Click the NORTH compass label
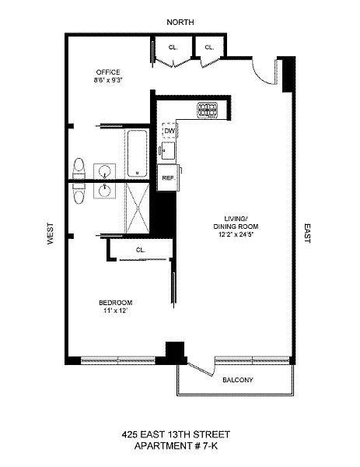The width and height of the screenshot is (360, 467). pos(180,23)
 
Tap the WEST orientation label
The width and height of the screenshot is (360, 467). pos(51,233)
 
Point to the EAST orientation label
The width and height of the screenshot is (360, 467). pos(307,233)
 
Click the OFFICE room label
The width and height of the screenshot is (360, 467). pos(108,72)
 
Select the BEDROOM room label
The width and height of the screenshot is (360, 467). pos(115,303)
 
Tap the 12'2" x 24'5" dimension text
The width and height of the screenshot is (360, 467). pos(236,234)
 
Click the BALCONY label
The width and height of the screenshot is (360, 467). pos(238,380)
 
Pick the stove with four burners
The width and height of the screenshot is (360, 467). pos(208,109)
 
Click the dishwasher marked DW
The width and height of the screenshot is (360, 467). pos(170,131)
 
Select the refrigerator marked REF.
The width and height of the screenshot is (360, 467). pos(169,177)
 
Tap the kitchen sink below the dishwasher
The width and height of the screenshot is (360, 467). pos(169,151)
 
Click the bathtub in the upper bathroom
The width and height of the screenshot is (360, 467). pos(138,154)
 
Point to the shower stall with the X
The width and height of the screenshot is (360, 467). pos(138,208)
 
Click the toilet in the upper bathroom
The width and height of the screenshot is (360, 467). pos(79,168)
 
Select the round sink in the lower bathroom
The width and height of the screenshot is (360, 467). pos(105,191)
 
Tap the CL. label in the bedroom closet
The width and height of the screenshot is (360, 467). pos(141,250)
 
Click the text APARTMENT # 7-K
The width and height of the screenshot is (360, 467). pos(176,446)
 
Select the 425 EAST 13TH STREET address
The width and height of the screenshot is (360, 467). pos(176,434)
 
